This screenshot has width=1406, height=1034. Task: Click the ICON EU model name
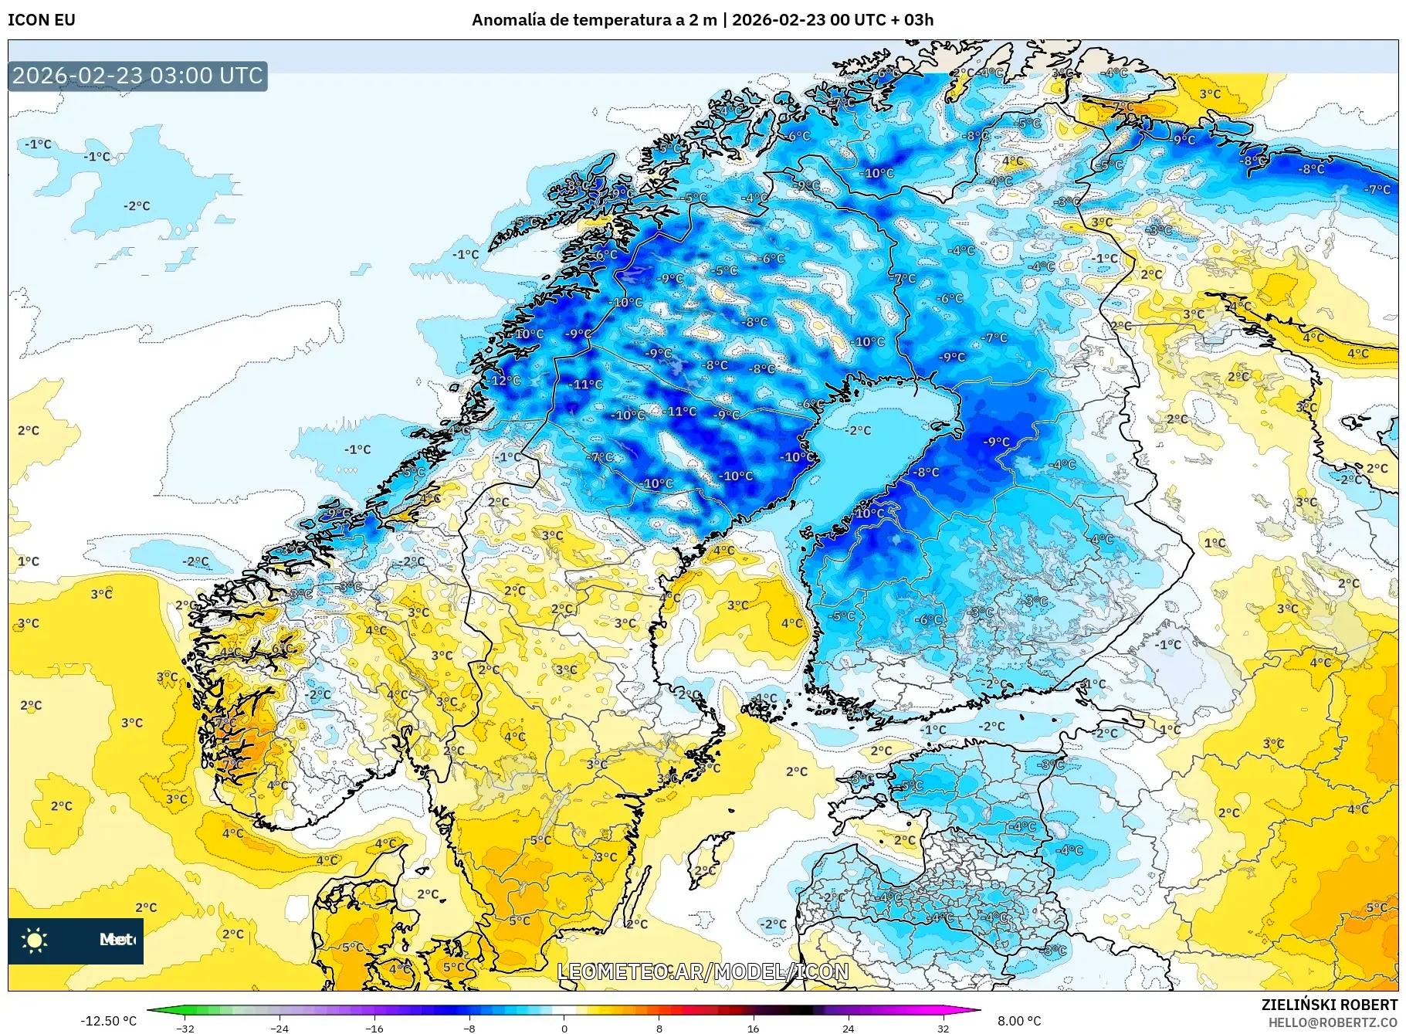[42, 20]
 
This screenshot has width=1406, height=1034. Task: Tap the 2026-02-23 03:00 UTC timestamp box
[137, 76]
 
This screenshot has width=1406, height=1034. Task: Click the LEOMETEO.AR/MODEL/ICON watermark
[703, 971]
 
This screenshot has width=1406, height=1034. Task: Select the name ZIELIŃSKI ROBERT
[1329, 1005]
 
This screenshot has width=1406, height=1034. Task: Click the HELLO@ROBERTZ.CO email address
[1333, 1022]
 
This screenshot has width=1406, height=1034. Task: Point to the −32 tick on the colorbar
[185, 1028]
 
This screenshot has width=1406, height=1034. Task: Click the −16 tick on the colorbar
[374, 1028]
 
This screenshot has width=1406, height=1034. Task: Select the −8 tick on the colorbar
[469, 1028]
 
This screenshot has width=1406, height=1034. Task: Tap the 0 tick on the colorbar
[564, 1028]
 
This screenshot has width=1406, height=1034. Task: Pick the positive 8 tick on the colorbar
[659, 1028]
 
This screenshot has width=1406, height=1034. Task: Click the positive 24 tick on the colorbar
[848, 1028]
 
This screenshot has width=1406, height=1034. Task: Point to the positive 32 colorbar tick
[943, 1028]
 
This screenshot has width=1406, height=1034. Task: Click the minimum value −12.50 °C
[108, 1021]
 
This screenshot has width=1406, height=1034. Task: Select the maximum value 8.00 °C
[1019, 1021]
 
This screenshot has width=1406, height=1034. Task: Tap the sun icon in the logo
[35, 940]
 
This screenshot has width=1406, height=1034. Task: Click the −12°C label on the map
[506, 380]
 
